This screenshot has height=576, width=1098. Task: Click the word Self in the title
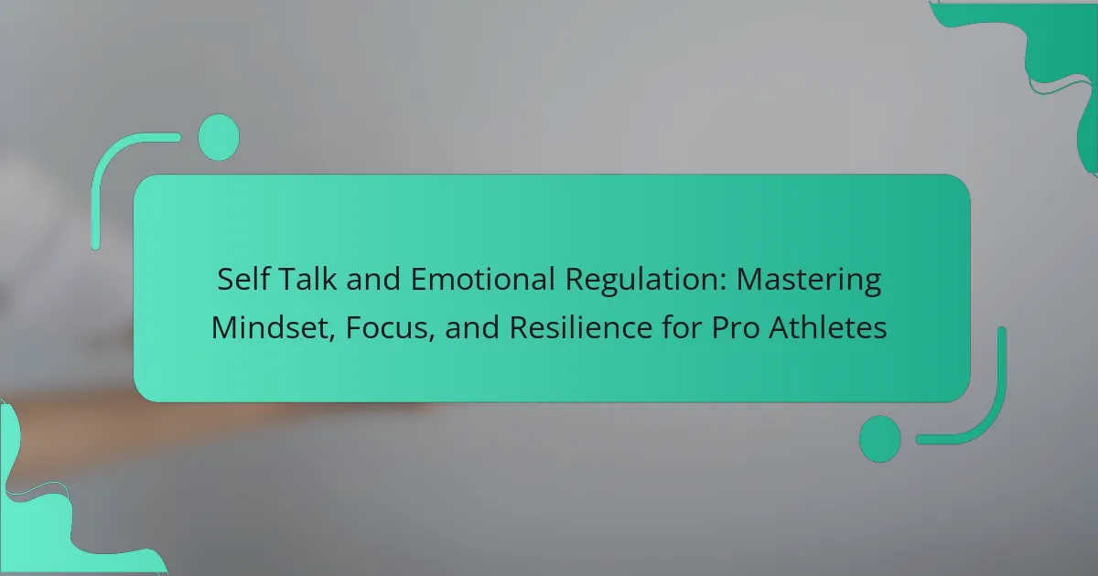[x=243, y=279]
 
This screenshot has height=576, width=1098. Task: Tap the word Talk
[x=307, y=279]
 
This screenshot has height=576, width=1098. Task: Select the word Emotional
[x=483, y=279]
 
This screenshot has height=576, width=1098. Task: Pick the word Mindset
[x=270, y=327]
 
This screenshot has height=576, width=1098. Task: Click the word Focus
[x=386, y=327]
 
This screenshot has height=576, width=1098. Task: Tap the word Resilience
[x=581, y=327]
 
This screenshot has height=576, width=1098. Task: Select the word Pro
[x=736, y=327]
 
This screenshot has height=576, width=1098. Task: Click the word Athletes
[x=828, y=327]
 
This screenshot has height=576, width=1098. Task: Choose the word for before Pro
[x=682, y=327]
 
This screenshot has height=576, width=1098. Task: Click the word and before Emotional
[x=373, y=279]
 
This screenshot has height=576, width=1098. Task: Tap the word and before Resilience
[x=472, y=327]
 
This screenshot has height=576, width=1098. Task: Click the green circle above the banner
[x=219, y=137]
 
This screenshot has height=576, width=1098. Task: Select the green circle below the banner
[x=880, y=439]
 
